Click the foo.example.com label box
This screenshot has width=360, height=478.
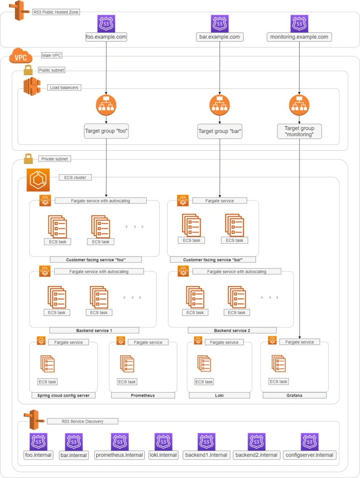coord(106,37)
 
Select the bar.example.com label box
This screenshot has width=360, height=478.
coord(220,37)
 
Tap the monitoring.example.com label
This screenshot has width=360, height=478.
coord(299,37)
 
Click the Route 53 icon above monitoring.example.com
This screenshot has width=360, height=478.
coord(299,23)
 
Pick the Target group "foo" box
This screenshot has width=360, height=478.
coord(106,131)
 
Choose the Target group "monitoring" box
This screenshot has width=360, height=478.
coord(299,131)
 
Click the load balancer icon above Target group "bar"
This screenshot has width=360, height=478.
coord(220,105)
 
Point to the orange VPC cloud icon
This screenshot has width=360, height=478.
coord(21,57)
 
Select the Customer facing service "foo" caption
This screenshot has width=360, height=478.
coord(97,260)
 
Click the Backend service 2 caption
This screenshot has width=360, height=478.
coord(232,330)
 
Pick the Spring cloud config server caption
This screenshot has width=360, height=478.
coord(64,395)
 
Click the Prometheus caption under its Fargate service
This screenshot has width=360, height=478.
coord(143,395)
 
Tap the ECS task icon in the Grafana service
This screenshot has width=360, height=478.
coord(279,364)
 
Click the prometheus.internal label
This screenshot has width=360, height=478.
coord(120,455)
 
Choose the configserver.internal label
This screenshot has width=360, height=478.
coord(310,455)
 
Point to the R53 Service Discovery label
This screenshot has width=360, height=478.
coord(82,421)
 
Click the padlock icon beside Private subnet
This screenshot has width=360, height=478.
coord(28,159)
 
